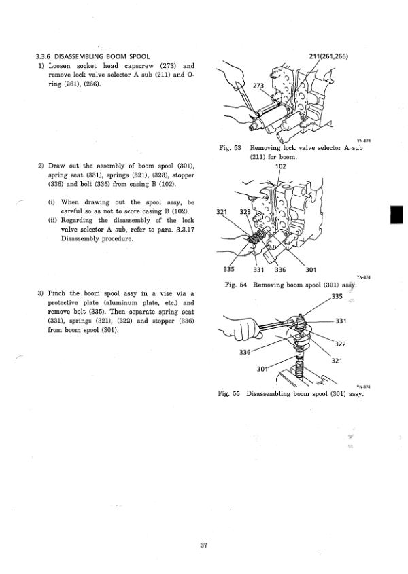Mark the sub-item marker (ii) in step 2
tap(52, 221)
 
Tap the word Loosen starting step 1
tap(63, 66)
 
